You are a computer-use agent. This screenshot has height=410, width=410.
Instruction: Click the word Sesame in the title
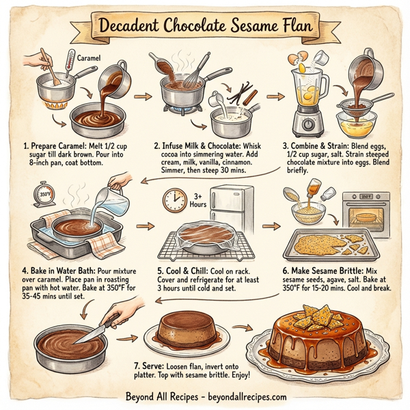pos(238,27)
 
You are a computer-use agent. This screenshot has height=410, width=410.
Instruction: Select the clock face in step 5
pos(175,200)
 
